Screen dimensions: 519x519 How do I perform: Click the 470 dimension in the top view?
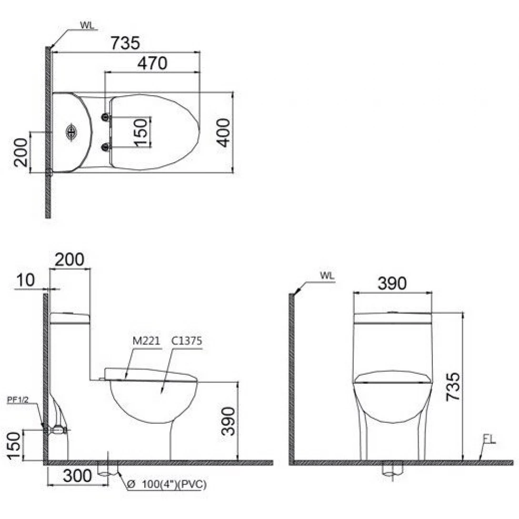152,63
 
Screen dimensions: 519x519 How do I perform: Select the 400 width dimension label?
224,132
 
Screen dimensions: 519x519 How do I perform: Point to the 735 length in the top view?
125,43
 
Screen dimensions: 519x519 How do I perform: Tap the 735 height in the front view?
453,387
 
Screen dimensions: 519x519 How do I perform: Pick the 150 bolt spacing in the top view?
140,132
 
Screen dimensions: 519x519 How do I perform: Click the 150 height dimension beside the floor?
14,446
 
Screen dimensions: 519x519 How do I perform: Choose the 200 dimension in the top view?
20,152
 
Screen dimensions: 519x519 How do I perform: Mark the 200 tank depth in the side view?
70,259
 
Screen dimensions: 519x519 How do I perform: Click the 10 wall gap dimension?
25,280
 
